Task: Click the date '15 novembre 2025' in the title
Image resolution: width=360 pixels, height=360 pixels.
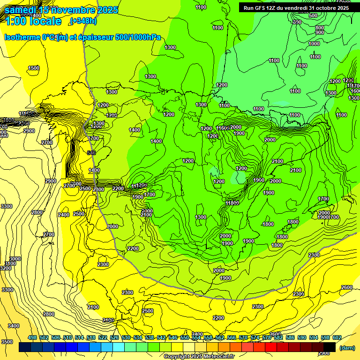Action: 78,10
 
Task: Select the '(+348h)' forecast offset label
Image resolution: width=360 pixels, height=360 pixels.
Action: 83,22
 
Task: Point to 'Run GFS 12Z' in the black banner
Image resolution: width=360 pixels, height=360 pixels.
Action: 261,7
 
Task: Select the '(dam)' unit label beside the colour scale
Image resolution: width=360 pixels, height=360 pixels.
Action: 346,348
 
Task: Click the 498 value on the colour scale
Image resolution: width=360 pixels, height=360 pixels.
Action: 32,337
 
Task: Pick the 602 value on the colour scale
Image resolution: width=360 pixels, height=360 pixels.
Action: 337,337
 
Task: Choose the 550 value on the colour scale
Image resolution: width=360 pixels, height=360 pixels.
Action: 185,337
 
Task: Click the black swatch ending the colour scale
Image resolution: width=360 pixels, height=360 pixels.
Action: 330,347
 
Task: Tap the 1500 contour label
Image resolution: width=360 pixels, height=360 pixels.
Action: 34,68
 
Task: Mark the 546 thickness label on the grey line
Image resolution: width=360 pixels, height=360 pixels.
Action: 91,153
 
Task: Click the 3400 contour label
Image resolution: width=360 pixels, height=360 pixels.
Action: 14,326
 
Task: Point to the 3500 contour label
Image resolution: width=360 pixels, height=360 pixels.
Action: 7,342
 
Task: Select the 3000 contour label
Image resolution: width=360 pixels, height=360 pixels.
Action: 15,259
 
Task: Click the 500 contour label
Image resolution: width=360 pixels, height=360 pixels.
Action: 313,15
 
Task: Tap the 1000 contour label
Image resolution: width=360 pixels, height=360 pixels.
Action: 315,44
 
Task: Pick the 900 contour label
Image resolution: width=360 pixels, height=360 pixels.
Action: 320,32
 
